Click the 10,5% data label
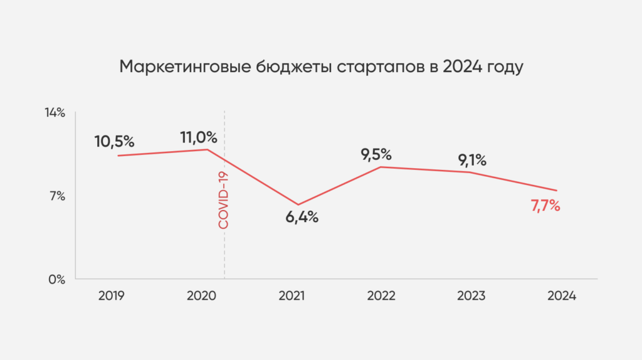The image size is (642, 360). (x=115, y=141)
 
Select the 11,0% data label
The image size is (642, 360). (x=199, y=137)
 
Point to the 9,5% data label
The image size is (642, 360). (x=376, y=154)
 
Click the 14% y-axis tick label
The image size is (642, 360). (x=55, y=113)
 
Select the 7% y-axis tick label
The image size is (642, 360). (x=57, y=196)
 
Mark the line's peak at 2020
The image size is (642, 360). (x=208, y=149)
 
